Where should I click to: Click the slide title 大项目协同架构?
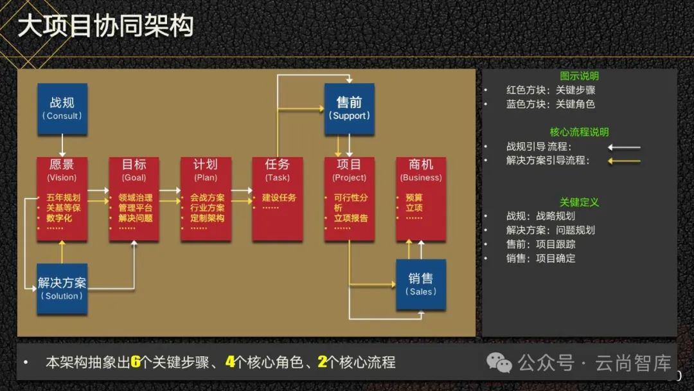[105, 27]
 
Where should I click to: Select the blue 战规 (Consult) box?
[62, 108]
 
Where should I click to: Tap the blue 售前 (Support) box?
[349, 108]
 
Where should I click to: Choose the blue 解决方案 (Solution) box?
[62, 288]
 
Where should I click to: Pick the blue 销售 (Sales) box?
[421, 284]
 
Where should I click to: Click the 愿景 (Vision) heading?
[62, 170]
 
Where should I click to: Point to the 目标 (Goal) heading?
[134, 170]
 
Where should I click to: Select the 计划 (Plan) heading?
[206, 170]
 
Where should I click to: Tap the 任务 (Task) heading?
[278, 170]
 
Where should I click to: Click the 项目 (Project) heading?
[350, 170]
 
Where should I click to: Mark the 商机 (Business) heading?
[421, 170]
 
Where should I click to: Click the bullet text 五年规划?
[63, 197]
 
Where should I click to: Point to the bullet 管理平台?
[136, 208]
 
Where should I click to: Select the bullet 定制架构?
[207, 218]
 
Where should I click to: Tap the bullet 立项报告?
[351, 218]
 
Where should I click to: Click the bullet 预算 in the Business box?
[414, 197]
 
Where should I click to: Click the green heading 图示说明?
[579, 76]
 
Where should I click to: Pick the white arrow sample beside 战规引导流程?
[624, 147]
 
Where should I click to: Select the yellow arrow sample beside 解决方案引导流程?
[624, 161]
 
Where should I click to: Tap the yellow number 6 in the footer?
[136, 362]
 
